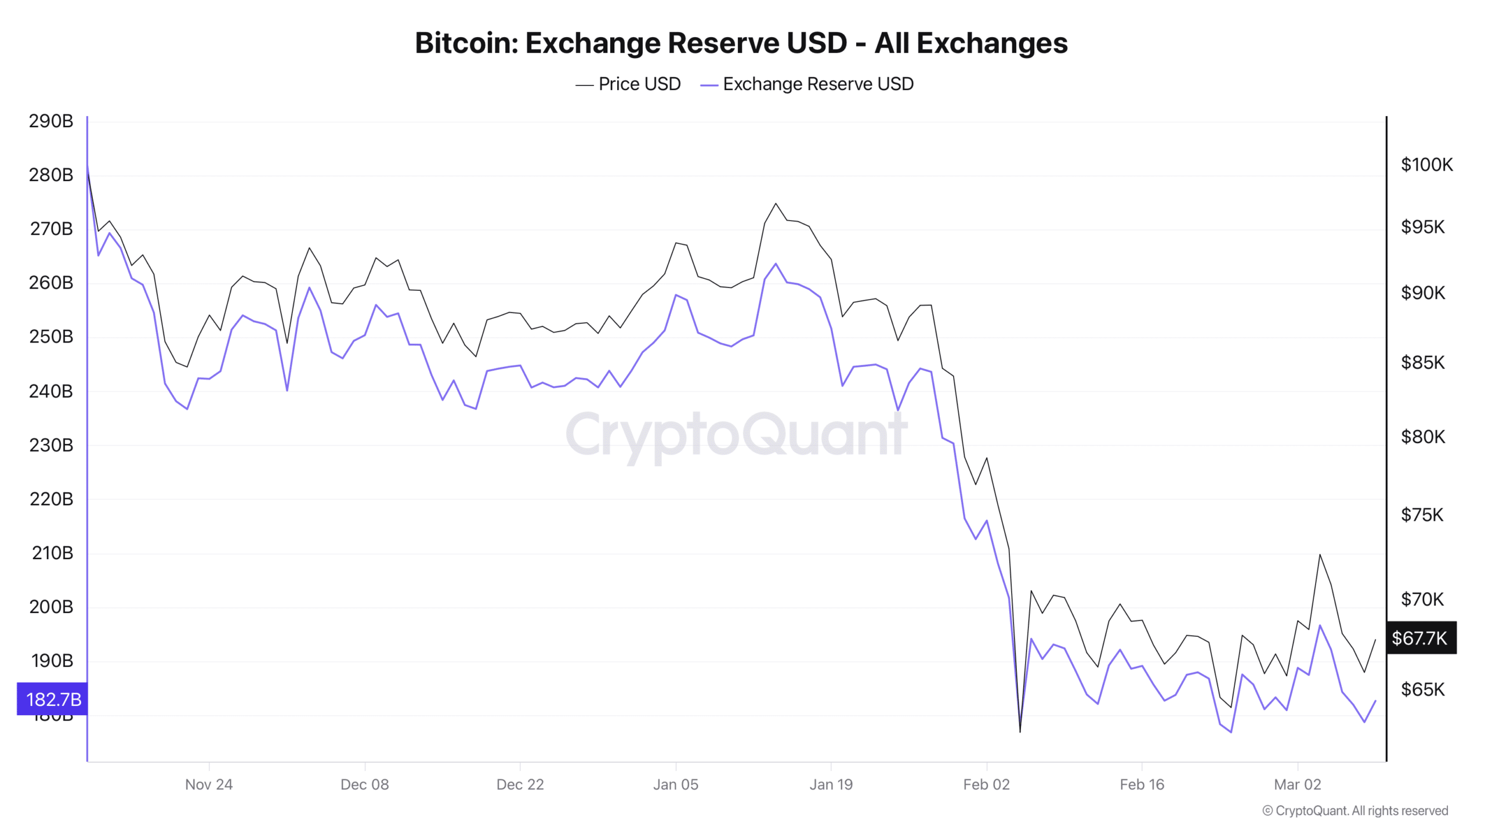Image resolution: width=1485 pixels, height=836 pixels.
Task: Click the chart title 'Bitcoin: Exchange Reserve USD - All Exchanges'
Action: [x=741, y=43]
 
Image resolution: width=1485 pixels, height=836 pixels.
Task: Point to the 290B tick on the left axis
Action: [x=51, y=121]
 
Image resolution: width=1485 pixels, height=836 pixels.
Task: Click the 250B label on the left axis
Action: [x=51, y=337]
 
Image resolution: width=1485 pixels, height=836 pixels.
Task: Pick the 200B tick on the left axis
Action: [x=51, y=607]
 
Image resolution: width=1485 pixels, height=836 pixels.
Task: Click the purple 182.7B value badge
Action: [x=53, y=699]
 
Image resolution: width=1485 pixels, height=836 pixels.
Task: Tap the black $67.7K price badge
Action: [x=1419, y=638]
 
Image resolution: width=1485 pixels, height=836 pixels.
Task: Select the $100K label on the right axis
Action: [x=1426, y=165]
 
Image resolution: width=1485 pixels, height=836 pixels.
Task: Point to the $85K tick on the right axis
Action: [x=1422, y=363]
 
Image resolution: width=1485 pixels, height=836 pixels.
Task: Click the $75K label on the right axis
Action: [x=1422, y=515]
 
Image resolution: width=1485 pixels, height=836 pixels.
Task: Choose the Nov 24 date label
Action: [x=209, y=784]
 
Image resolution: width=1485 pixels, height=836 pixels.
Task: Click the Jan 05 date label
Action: [x=676, y=784]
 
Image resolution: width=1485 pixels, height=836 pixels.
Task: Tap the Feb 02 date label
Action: [x=986, y=784]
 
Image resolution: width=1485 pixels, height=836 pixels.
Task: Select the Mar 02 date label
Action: [x=1297, y=784]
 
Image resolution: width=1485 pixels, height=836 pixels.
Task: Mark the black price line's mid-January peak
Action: [x=776, y=203]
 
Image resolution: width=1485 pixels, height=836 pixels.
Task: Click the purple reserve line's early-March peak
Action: [x=1320, y=625]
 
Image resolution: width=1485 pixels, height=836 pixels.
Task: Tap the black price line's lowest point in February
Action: [x=1020, y=732]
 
